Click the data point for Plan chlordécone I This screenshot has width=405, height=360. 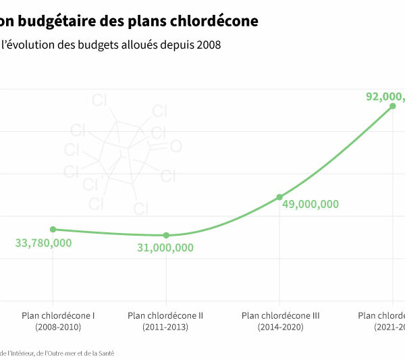pos(53,230)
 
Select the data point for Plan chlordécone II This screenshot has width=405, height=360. pos(166,235)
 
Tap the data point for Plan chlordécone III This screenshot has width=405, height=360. pos(279,197)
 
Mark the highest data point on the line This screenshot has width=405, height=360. pos(393,106)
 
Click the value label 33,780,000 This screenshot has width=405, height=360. pos(43,243)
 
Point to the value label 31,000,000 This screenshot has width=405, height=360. pos(165,248)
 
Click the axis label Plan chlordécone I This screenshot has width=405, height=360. pos(58,315)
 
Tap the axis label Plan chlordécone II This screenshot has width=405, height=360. pos(165,315)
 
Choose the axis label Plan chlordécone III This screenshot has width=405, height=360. pos(280,315)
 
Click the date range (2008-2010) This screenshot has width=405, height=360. pos(58,327)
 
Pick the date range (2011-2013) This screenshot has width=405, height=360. pos(165,327)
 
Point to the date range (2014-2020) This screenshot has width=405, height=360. pos(280,327)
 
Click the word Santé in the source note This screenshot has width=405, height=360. pos(105,353)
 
